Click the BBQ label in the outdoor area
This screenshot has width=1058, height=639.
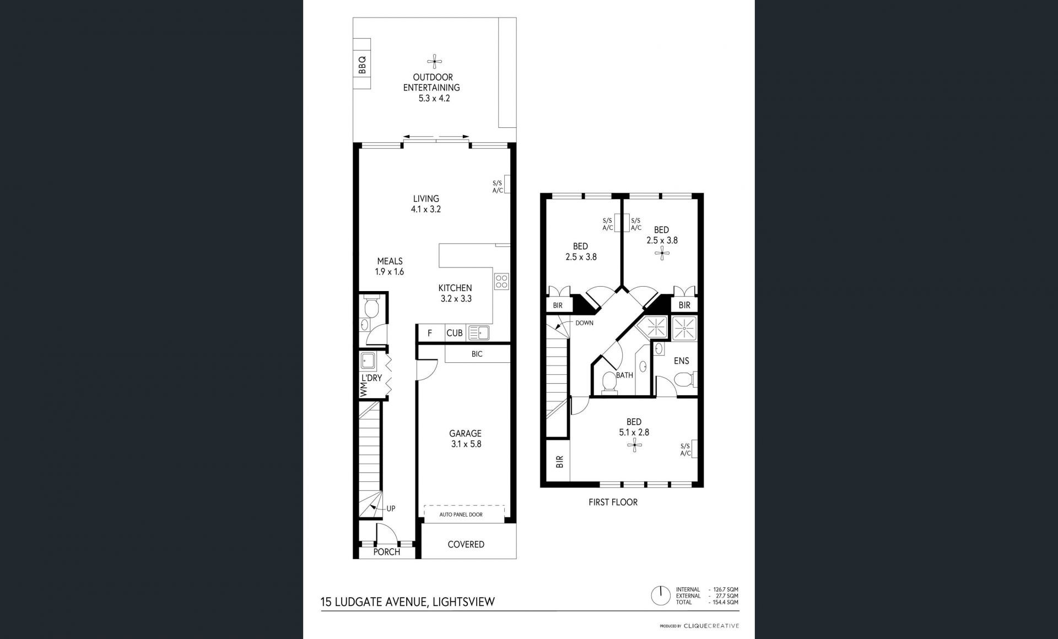(362, 65)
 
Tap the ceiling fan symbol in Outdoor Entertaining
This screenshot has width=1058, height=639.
(435, 61)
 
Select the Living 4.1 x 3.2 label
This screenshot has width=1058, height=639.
(426, 203)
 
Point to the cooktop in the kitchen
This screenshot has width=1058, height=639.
(501, 281)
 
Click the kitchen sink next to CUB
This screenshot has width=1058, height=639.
(479, 332)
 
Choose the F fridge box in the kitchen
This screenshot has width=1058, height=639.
(430, 333)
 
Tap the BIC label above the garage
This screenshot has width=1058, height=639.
(477, 354)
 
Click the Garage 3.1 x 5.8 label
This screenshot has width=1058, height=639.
(465, 438)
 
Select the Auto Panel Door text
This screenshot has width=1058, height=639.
(461, 514)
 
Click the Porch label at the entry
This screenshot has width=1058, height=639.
(386, 552)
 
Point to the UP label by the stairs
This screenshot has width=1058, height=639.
(391, 509)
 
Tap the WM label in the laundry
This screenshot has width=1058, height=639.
(363, 391)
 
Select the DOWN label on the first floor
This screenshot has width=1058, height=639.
(584, 323)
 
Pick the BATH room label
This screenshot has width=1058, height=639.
(624, 375)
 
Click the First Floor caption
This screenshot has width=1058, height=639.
(613, 502)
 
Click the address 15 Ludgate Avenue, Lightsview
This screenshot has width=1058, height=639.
(408, 602)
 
